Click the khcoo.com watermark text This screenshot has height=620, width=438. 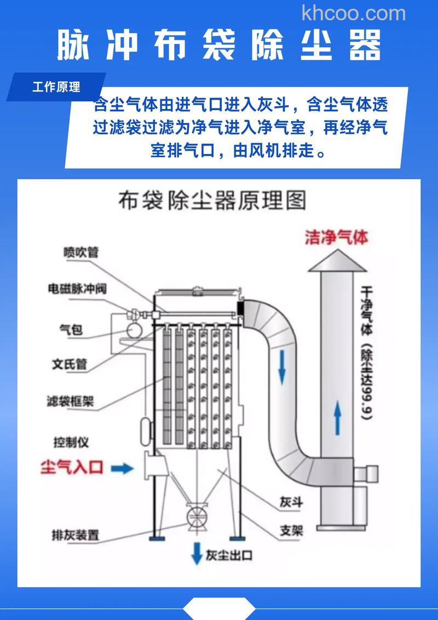(x=354, y=13)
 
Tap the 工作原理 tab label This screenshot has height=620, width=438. (x=56, y=87)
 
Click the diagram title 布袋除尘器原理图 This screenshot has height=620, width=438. (x=212, y=201)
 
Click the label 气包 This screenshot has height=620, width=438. (x=71, y=329)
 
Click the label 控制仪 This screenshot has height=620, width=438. (x=71, y=441)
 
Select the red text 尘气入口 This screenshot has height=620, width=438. (x=72, y=468)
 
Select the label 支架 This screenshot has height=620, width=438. (x=291, y=530)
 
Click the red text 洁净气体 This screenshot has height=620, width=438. (x=336, y=238)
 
